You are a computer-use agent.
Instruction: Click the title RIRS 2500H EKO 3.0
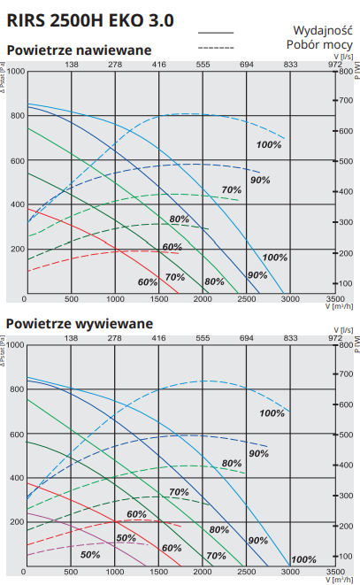pos(90,20)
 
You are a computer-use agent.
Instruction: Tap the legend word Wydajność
pos(323,30)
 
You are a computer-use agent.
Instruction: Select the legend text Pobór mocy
pos(319,44)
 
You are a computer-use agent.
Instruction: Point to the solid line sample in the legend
pos(216,33)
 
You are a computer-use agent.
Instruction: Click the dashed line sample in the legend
pos(216,48)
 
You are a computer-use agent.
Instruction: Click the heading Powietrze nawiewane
pos(79,50)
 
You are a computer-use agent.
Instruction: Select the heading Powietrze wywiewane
pos(80,323)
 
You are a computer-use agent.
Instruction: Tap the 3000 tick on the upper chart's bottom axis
pos(290,299)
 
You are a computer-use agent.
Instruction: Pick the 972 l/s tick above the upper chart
pos(335,65)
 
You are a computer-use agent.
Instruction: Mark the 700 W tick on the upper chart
pos(346,100)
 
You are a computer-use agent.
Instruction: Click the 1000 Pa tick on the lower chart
pos(16,345)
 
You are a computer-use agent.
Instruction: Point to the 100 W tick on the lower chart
pos(346,557)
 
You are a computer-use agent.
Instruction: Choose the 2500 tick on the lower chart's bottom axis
pos(247,572)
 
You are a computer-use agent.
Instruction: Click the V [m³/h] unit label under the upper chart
pos(339,306)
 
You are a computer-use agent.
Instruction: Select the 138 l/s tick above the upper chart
pos(72,65)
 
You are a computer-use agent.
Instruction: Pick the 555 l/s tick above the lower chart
pos(203,338)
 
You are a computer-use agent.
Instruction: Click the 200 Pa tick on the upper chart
pos(18,249)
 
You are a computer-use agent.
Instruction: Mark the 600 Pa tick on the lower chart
pos(18,434)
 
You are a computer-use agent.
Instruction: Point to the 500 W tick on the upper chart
pos(346,161)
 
